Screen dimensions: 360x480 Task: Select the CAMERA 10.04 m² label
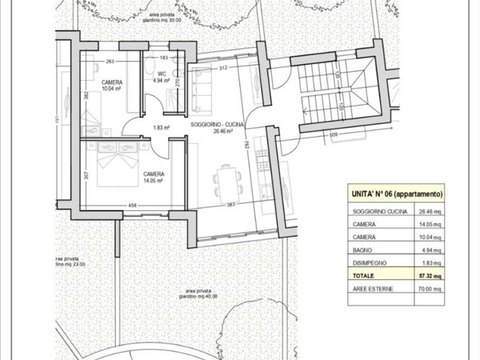tap(111, 86)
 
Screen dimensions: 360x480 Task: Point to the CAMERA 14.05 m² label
tap(154, 177)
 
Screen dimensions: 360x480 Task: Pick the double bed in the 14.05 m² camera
tap(115, 167)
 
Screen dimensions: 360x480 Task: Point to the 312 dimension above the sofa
tap(224, 68)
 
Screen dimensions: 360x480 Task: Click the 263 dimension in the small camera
tap(110, 61)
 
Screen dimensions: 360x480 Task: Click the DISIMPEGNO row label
tap(369, 263)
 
